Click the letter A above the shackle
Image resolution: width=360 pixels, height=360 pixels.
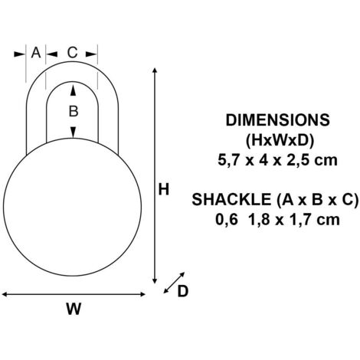pos(36,53)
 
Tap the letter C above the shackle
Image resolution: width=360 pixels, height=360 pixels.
pos(72,53)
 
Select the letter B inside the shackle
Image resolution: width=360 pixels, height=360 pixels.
pos(74,111)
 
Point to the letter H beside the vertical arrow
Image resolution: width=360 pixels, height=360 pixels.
pos(164,189)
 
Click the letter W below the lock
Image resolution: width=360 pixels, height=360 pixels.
pos(74,309)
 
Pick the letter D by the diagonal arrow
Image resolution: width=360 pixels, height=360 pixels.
pos(183,291)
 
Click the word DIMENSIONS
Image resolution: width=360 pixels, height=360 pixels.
pos(278,120)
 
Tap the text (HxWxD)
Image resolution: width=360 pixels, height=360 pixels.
pos(280,140)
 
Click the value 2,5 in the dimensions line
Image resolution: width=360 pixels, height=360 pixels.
pos(298,161)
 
